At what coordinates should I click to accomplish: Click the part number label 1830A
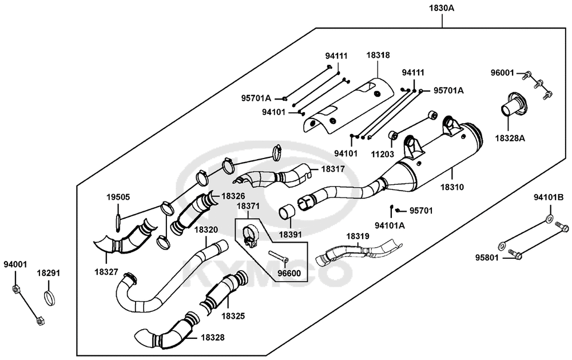(x=442, y=8)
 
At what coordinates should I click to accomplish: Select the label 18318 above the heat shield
(x=378, y=56)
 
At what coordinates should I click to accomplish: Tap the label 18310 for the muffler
(x=452, y=187)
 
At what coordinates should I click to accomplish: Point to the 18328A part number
(x=510, y=138)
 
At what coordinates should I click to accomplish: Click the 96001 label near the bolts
(x=502, y=73)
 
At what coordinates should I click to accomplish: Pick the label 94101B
(x=549, y=197)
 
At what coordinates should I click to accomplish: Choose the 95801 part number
(x=487, y=258)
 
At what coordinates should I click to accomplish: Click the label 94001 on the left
(x=15, y=264)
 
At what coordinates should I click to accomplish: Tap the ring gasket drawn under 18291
(x=51, y=298)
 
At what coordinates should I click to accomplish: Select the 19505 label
(x=118, y=197)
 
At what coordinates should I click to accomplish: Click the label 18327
(x=106, y=272)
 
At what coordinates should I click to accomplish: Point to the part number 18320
(x=206, y=230)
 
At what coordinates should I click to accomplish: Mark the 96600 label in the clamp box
(x=289, y=273)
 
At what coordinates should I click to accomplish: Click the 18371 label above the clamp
(x=248, y=206)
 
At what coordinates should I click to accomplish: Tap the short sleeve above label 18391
(x=287, y=213)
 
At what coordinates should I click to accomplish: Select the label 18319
(x=357, y=236)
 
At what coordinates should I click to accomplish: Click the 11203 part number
(x=382, y=154)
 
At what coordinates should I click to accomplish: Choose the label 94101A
(x=390, y=226)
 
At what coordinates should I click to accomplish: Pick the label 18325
(x=233, y=316)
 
